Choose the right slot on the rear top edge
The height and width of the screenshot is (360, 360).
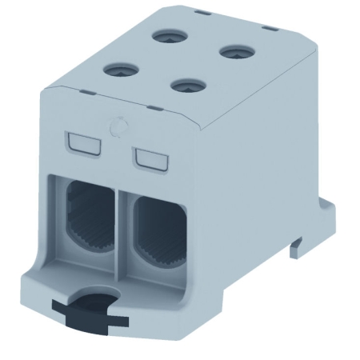(x=270, y=29)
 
